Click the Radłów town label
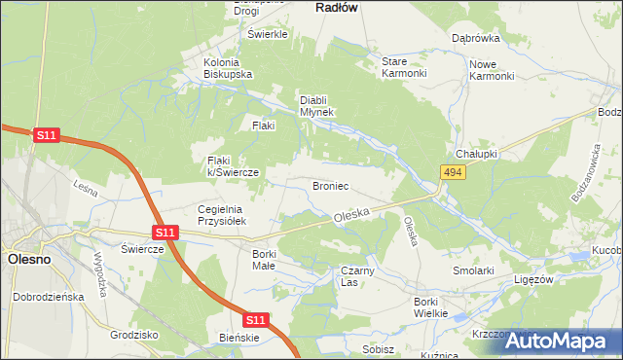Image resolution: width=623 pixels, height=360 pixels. tap(338, 7)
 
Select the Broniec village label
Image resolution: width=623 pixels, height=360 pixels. tap(330, 185)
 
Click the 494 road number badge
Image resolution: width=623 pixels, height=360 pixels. tap(451, 172)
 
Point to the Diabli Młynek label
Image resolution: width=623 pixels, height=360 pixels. tap(316, 105)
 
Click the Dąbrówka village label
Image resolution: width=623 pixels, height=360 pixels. tap(475, 39)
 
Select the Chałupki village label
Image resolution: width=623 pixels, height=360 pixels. tap(477, 154)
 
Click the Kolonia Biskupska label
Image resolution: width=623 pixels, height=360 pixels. tap(228, 68)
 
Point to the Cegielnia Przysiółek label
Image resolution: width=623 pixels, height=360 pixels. tap(225, 215)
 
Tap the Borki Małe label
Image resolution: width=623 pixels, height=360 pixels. tap(264, 260)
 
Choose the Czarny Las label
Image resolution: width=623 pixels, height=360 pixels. tap(351, 276)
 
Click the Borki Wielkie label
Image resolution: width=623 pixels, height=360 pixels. tap(429, 306)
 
